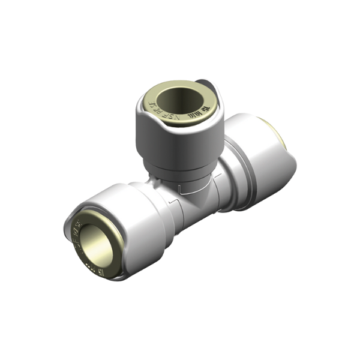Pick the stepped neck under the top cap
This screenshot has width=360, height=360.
[x=180, y=171]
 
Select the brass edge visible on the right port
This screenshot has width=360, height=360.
[x=274, y=128]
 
